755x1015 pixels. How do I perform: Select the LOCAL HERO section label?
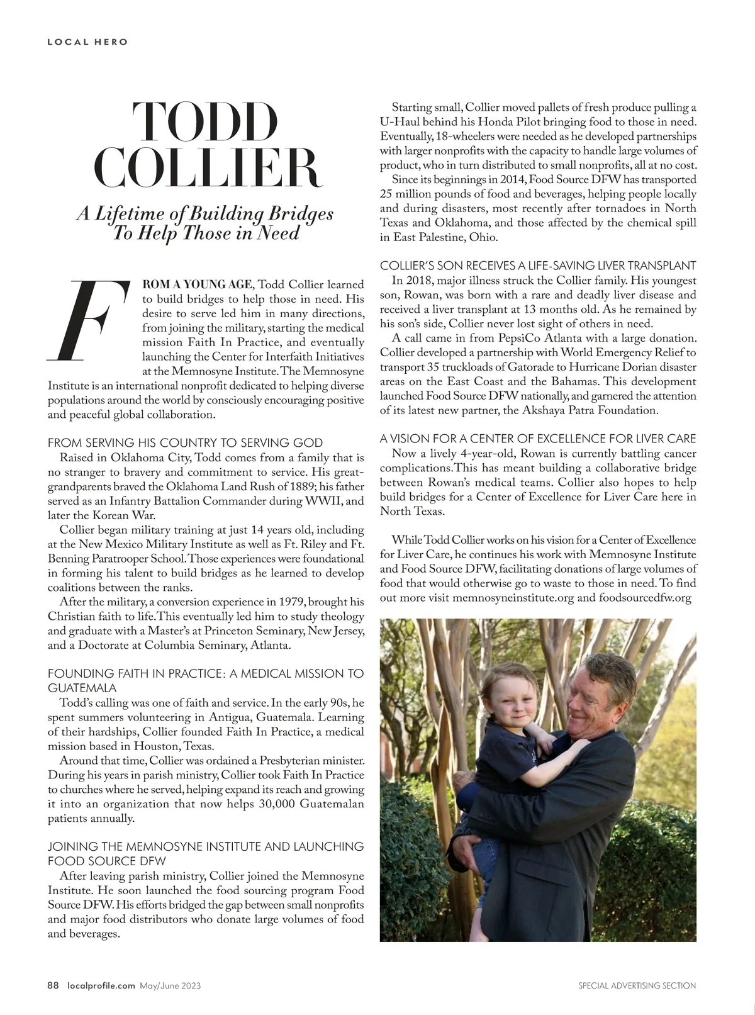click(x=88, y=42)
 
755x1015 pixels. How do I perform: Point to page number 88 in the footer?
click(x=53, y=985)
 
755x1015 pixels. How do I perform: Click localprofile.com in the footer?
click(x=101, y=985)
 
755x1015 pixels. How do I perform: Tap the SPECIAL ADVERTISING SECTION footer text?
click(x=637, y=985)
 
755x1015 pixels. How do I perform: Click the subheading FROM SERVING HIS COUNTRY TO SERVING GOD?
click(x=185, y=442)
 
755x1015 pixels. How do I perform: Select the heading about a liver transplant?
click(x=538, y=266)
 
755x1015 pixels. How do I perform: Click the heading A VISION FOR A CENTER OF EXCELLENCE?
click(x=538, y=438)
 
